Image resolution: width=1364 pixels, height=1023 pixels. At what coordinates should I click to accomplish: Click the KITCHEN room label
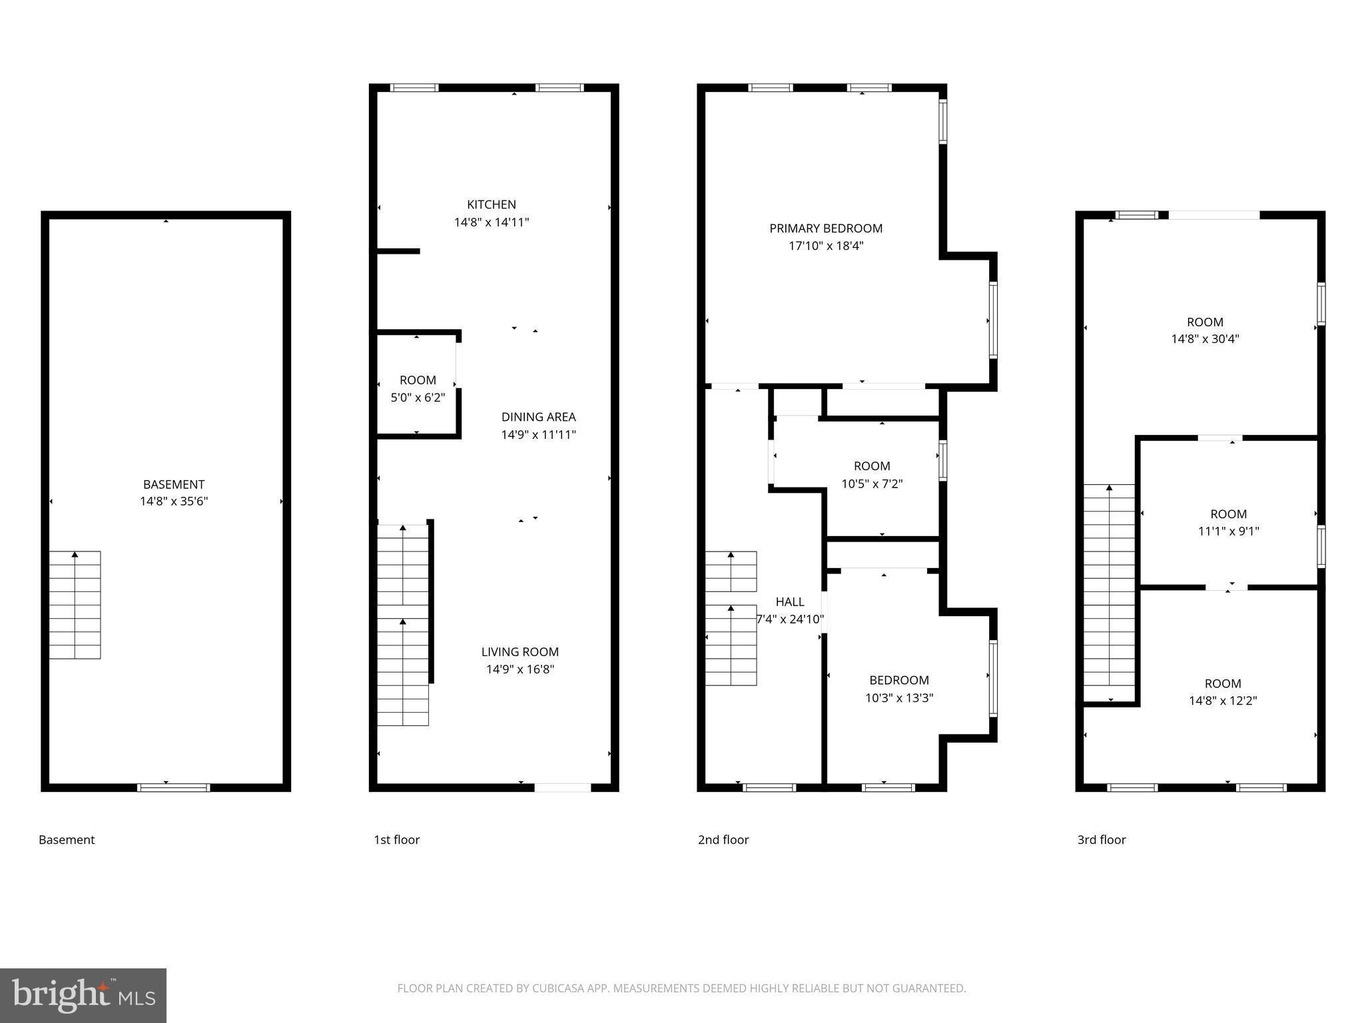[x=491, y=204]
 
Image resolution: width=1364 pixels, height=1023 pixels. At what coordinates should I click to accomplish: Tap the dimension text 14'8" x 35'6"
[x=174, y=502]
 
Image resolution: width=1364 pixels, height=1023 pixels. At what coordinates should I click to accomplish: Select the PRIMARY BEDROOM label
[x=826, y=228]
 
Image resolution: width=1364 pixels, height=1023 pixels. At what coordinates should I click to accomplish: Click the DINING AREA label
[x=538, y=417]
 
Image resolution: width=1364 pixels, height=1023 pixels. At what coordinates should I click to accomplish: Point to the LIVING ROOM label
[x=519, y=652]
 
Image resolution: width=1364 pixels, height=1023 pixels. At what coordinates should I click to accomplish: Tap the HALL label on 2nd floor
[x=790, y=601]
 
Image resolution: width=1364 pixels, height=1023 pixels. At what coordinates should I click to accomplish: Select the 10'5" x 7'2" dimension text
[x=872, y=484]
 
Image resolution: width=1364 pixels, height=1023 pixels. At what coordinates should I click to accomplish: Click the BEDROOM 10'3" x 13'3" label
[x=898, y=680]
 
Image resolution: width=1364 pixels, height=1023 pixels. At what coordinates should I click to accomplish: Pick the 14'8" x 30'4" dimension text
[x=1205, y=338]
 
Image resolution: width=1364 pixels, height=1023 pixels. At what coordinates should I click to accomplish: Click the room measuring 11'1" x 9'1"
[x=1228, y=522]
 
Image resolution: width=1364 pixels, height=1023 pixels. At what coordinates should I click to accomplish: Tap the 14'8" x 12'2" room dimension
[x=1223, y=701]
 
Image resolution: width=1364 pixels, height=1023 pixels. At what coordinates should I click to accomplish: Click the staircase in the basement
[x=75, y=605]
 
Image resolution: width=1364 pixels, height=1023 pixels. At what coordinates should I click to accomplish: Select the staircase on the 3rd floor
[x=1109, y=593]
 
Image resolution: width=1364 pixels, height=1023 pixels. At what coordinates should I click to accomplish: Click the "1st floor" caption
[x=396, y=840]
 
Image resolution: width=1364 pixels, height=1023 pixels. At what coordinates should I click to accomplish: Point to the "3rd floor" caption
[x=1101, y=840]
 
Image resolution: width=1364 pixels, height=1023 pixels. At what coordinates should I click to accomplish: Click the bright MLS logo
[x=83, y=996]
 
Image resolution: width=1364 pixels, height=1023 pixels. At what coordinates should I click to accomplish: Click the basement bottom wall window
[x=174, y=787]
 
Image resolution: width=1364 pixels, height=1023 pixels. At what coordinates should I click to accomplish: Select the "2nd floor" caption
[x=723, y=840]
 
